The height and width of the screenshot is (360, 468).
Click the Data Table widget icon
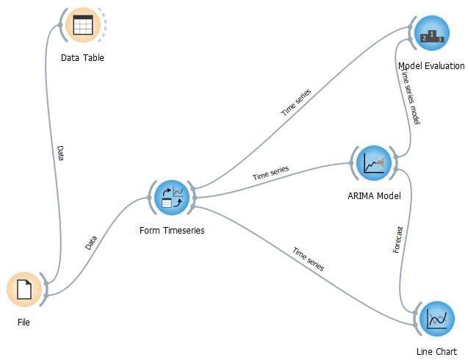pyautogui.click(x=83, y=25)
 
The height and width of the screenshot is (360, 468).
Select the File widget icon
pyautogui.click(x=24, y=289)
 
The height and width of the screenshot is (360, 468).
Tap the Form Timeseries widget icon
pyautogui.click(x=172, y=198)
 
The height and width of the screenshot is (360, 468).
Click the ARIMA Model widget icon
pyautogui.click(x=374, y=163)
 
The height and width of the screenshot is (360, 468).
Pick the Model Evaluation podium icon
pyautogui.click(x=431, y=33)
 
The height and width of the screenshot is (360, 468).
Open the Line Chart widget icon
pyautogui.click(x=437, y=319)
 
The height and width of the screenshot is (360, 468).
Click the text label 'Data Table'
pyautogui.click(x=82, y=57)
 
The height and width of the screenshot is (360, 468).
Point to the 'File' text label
pyautogui.click(x=24, y=322)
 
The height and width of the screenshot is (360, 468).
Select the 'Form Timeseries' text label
pyautogui.click(x=172, y=231)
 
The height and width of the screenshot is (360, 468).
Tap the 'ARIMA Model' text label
pyautogui.click(x=374, y=196)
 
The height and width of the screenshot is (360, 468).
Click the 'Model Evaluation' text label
pyautogui.click(x=431, y=65)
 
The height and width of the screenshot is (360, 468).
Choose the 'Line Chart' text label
pyautogui.click(x=436, y=352)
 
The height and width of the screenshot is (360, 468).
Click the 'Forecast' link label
pyautogui.click(x=398, y=240)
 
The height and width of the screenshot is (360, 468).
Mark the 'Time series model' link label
pyautogui.click(x=411, y=97)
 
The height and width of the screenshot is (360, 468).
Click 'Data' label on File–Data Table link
pyautogui.click(x=60, y=153)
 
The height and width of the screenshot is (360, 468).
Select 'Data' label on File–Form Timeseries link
pyautogui.click(x=91, y=242)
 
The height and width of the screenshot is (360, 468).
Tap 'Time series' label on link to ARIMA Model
pyautogui.click(x=270, y=173)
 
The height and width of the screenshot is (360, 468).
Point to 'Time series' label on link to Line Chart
pyautogui.click(x=309, y=259)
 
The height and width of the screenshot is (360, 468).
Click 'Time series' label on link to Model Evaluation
pyautogui.click(x=296, y=102)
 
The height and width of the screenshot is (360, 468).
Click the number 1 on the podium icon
pyautogui.click(x=431, y=34)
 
